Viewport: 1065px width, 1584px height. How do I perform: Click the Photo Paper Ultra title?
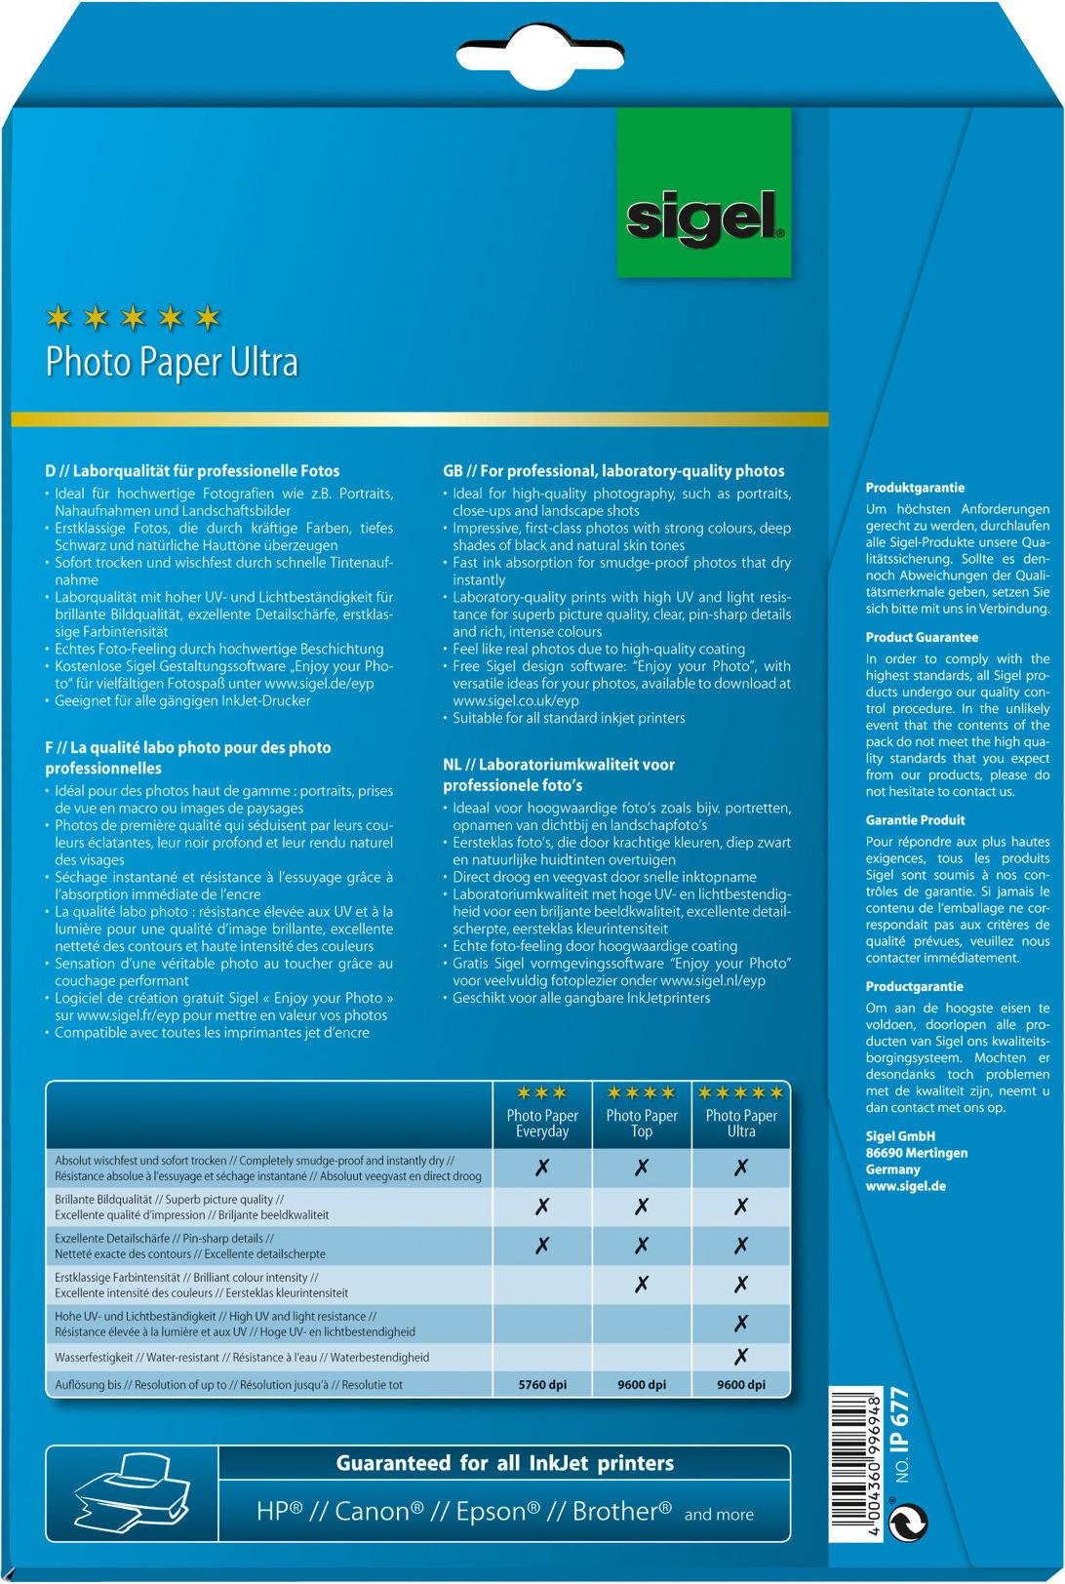tap(172, 363)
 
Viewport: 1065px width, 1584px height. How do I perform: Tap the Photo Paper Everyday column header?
tap(542, 1123)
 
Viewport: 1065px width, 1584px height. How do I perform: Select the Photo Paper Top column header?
tap(642, 1123)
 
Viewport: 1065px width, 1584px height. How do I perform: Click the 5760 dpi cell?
tap(542, 1384)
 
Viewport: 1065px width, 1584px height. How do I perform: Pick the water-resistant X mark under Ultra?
tap(741, 1356)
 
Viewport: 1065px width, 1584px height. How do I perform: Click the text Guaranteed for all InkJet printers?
tap(504, 1463)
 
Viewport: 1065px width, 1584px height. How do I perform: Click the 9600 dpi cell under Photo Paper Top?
tap(642, 1384)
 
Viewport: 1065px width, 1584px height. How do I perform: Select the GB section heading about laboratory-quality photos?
tap(613, 471)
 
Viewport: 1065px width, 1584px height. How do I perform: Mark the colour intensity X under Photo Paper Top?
tap(642, 1285)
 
